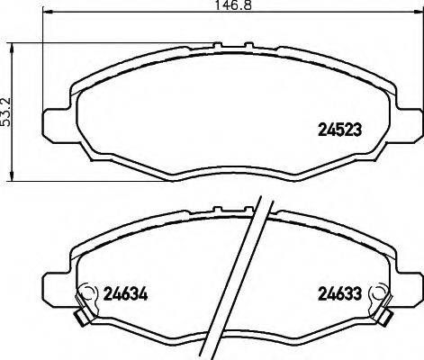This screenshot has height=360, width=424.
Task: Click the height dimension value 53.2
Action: [8, 112]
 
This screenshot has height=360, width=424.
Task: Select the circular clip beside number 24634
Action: [88, 292]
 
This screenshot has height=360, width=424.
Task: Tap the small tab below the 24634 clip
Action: [80, 317]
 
